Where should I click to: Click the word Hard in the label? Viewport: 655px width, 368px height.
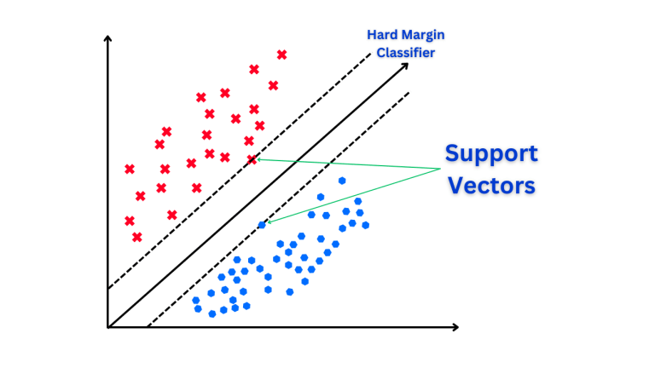pyautogui.click(x=380, y=35)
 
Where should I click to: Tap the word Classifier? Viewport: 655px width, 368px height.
pyautogui.click(x=406, y=53)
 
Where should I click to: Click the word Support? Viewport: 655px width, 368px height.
pyautogui.click(x=491, y=154)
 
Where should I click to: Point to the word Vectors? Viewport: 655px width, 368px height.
pyautogui.click(x=491, y=185)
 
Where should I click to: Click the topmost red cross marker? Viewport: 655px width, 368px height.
pyautogui.click(x=282, y=55)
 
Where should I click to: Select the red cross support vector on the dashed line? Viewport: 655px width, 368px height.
pyautogui.click(x=252, y=159)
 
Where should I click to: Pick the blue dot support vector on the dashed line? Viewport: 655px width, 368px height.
pyautogui.click(x=262, y=225)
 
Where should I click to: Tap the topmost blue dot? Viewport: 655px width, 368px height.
pyautogui.click(x=342, y=181)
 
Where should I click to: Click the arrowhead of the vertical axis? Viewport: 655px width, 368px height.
pyautogui.click(x=107, y=38)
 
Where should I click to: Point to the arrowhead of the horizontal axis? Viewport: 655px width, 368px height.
pyautogui.click(x=455, y=327)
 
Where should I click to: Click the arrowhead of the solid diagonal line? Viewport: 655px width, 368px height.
pyautogui.click(x=405, y=66)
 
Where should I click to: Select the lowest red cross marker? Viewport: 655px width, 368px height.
pyautogui.click(x=137, y=238)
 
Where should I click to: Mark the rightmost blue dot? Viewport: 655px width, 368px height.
pyautogui.click(x=366, y=225)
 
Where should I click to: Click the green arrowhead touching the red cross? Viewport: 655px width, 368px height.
pyautogui.click(x=259, y=159)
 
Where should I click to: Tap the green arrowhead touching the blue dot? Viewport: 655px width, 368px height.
pyautogui.click(x=269, y=222)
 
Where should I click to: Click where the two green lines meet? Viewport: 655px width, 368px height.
pyautogui.click(x=441, y=169)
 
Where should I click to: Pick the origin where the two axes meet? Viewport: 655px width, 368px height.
pyautogui.click(x=108, y=327)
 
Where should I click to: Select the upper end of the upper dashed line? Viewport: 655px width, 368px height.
pyautogui.click(x=370, y=54)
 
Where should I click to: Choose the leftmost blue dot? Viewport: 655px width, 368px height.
pyautogui.click(x=195, y=301)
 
